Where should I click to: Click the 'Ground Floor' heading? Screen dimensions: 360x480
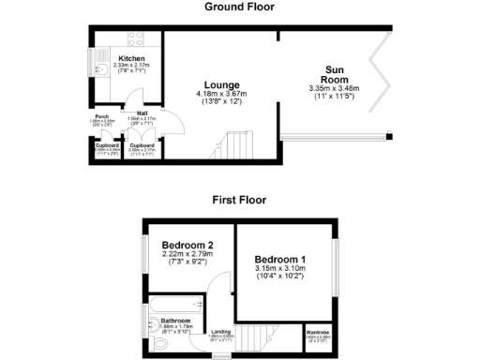tap(239, 7)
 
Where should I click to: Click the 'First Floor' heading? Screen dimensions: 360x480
tap(239, 200)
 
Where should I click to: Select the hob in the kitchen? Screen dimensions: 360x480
tap(134, 40)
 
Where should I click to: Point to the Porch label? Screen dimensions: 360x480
tap(102, 117)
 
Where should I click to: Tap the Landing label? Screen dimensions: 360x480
tap(221, 331)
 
